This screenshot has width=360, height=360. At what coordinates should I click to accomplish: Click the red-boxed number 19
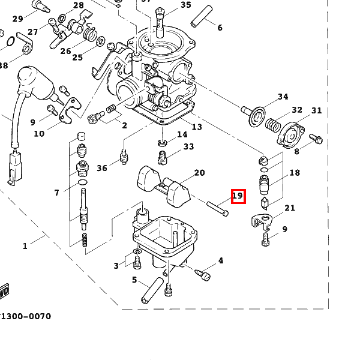point(238,196)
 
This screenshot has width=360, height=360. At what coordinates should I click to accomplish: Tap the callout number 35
point(185,5)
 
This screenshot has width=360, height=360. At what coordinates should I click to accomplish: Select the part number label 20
point(199,173)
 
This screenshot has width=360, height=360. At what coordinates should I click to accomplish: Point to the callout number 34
point(283,97)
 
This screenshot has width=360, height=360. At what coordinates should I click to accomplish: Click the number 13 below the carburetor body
point(197,127)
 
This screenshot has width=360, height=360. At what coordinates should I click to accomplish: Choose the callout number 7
point(57,193)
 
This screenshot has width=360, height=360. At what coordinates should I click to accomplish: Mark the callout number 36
point(102,168)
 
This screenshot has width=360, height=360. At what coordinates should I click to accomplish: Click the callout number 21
point(290,208)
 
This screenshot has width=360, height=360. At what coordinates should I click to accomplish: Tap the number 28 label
point(79,6)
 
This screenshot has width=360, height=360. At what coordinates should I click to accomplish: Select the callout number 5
point(134,280)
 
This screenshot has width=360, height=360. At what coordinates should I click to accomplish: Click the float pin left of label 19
point(217,208)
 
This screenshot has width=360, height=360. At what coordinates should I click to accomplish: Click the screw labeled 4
point(203,274)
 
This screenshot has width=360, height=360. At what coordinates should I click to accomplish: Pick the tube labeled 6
point(202,17)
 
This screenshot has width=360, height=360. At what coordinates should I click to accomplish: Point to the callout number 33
point(188,147)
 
